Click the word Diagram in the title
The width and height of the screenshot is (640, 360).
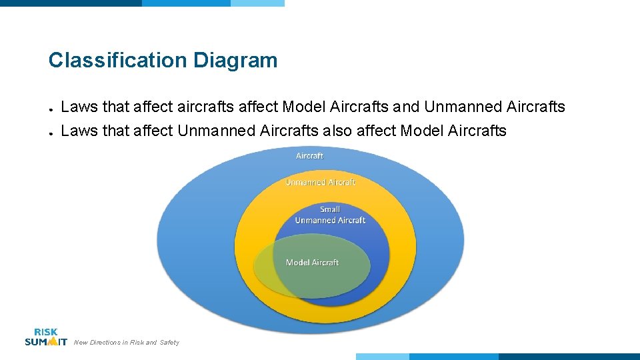(x=235, y=61)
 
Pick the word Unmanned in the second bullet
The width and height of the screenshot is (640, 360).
(x=217, y=131)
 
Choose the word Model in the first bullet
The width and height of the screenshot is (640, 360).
(x=304, y=107)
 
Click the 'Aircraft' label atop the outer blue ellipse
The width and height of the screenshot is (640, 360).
(x=309, y=155)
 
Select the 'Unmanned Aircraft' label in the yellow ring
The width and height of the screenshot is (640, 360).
(x=320, y=182)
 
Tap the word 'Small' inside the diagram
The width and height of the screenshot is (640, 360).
(x=330, y=209)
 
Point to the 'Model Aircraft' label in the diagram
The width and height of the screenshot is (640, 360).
(x=312, y=263)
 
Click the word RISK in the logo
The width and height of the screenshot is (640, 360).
(x=45, y=332)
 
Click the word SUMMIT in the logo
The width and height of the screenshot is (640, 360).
(x=45, y=342)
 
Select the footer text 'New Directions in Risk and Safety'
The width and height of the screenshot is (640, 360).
(x=127, y=343)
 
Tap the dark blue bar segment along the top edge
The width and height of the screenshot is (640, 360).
(x=71, y=3)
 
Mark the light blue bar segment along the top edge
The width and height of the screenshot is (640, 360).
(x=257, y=3)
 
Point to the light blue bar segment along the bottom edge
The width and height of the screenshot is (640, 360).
(x=382, y=357)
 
